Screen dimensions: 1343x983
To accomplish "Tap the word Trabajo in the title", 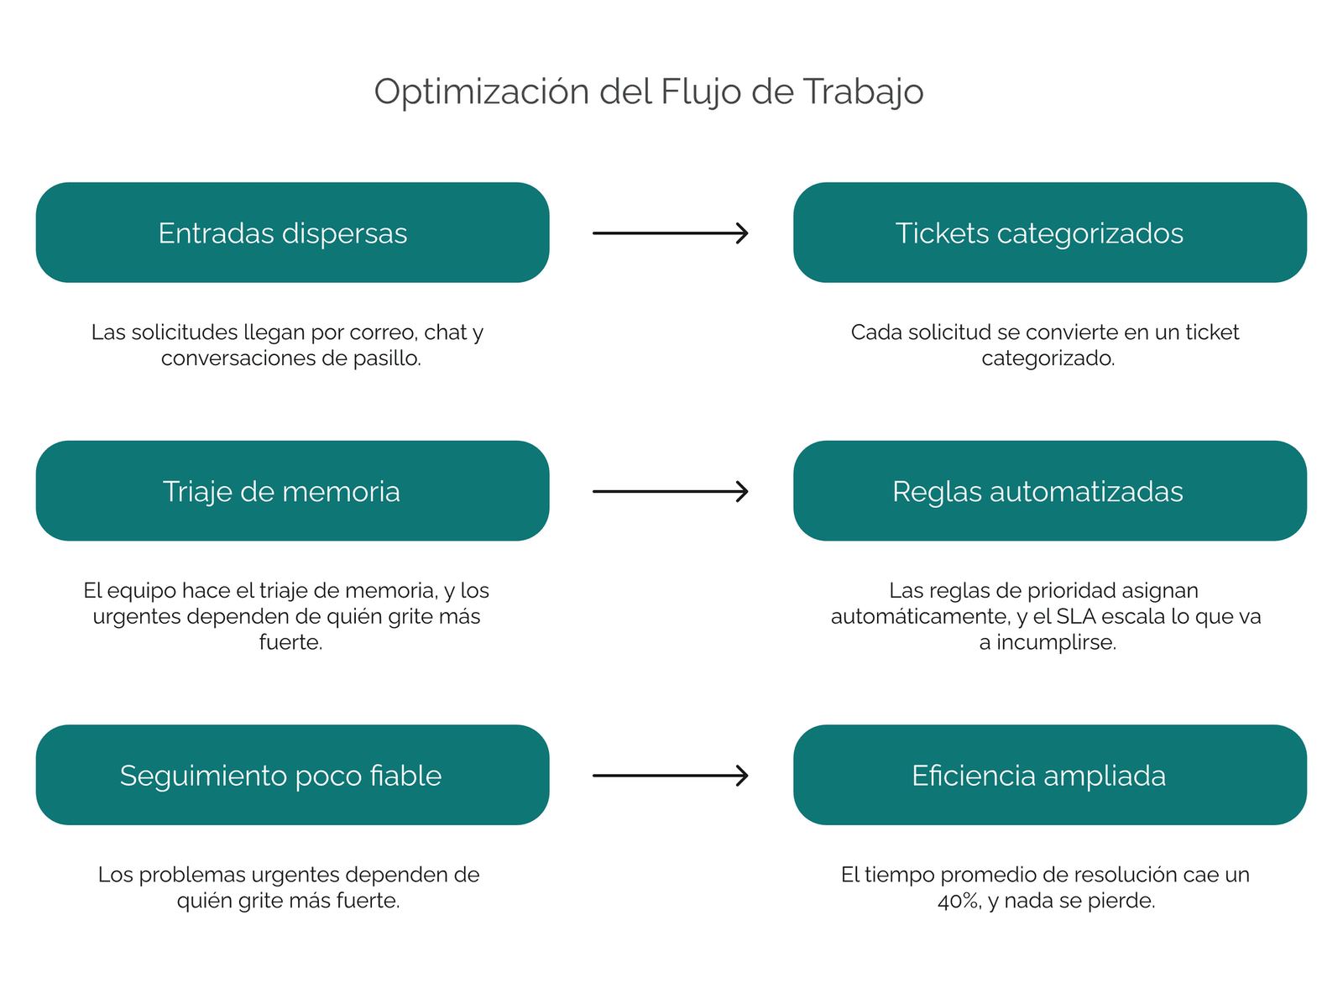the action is click(863, 92).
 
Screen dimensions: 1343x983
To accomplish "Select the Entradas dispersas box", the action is click(293, 233).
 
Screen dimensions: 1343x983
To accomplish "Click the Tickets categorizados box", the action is click(1050, 233).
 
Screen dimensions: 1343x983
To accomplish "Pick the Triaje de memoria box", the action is click(293, 491).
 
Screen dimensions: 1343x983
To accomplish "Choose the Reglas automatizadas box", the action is click(1050, 491).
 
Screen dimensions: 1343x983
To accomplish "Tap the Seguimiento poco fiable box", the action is click(293, 775).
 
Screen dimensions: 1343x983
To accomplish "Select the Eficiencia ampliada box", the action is click(1050, 775).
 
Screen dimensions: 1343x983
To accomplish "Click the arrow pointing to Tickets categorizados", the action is click(671, 233).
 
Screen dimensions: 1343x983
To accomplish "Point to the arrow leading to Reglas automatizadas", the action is click(671, 492).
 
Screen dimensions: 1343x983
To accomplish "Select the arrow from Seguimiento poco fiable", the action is click(671, 776).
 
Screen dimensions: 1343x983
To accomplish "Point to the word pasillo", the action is click(387, 358).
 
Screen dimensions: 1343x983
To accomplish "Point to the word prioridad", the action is click(1071, 591).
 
